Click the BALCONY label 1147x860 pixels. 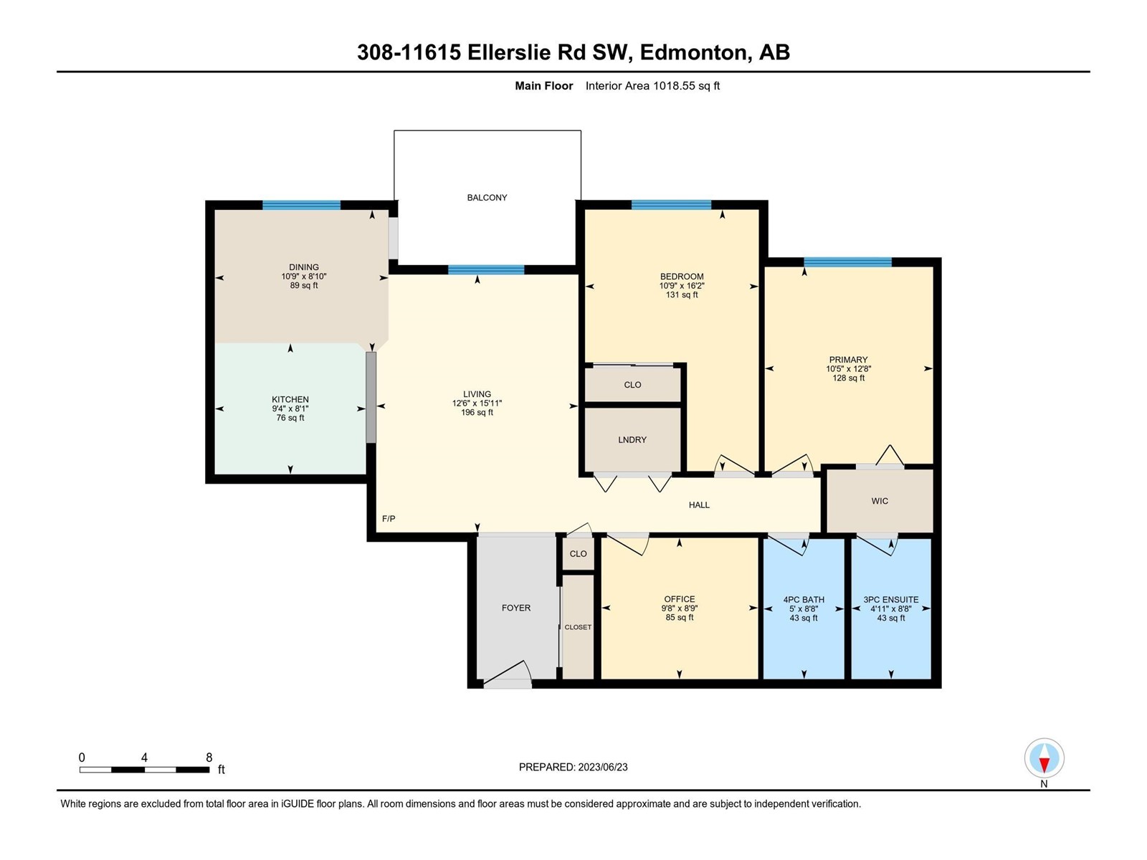click(487, 197)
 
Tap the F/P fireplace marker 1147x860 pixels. click(389, 518)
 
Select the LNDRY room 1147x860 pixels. click(632, 439)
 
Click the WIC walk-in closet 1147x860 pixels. click(880, 501)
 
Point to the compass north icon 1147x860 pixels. click(1044, 758)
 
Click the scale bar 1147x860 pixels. click(144, 769)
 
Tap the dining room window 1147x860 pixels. click(302, 205)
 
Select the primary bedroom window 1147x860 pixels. click(847, 262)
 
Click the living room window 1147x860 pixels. click(486, 270)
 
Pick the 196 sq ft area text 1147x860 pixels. click(477, 413)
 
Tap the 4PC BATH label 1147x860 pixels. click(804, 600)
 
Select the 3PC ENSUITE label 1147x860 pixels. click(891, 600)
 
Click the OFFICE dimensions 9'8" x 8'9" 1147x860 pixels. click(680, 608)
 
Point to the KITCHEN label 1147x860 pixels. click(290, 399)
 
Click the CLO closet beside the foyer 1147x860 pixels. click(578, 553)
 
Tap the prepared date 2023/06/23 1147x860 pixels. click(602, 767)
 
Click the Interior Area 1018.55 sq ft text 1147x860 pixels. click(652, 85)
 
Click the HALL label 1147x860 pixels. click(699, 505)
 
